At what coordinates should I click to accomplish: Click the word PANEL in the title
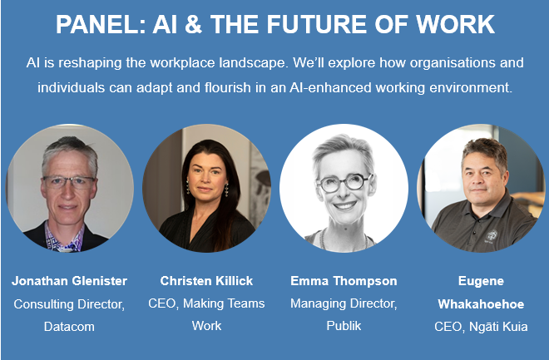click(x=101, y=24)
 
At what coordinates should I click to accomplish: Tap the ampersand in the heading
click(x=193, y=24)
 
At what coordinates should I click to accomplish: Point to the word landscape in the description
click(x=252, y=63)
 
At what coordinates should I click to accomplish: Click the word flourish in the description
click(x=228, y=87)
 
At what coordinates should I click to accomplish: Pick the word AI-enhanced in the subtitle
click(x=330, y=87)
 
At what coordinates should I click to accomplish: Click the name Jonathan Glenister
click(x=69, y=281)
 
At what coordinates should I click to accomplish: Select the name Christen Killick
click(x=206, y=281)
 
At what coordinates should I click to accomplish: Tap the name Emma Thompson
click(x=344, y=281)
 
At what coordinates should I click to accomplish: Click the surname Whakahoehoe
click(x=481, y=304)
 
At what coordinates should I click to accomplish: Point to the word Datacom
click(x=69, y=327)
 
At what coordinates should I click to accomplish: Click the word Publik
click(x=344, y=326)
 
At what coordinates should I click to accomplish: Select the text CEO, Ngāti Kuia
click(x=481, y=327)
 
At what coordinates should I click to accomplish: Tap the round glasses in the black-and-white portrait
click(x=344, y=183)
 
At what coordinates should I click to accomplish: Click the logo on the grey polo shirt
click(x=492, y=236)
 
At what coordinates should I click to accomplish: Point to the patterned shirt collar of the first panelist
click(x=65, y=238)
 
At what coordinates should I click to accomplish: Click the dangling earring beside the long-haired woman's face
click(x=226, y=190)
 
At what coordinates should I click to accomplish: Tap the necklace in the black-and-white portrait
click(x=344, y=241)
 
